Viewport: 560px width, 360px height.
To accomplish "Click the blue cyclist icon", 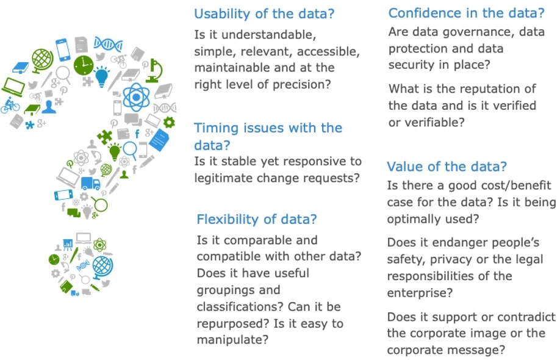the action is (x=10, y=106).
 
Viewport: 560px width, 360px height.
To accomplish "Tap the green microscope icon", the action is (x=154, y=71).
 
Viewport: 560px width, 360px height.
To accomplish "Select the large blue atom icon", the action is (x=135, y=97).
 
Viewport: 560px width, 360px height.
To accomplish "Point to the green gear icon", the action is (x=169, y=122).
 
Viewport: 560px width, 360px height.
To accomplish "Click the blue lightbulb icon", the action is (x=102, y=76).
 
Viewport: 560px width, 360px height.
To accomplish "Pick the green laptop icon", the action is (x=13, y=87).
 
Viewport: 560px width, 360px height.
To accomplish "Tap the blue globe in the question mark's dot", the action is (x=102, y=267).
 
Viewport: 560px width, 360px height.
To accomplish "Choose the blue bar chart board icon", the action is (x=68, y=243).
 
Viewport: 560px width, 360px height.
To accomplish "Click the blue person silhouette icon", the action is (x=49, y=107).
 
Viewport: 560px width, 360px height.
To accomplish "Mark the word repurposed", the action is (x=233, y=323).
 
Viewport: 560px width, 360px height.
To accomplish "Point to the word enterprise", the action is (x=420, y=293).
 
